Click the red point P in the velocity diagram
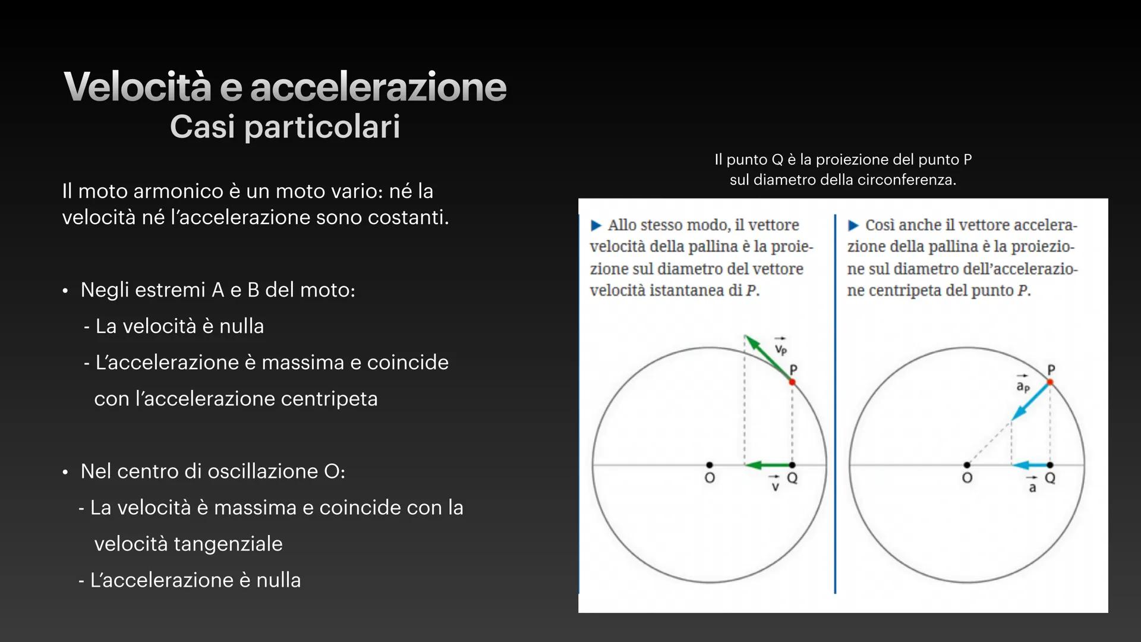point(792,382)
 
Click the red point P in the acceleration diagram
point(1050,382)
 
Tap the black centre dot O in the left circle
point(709,465)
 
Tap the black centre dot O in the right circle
point(967,465)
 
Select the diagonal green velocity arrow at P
point(768,358)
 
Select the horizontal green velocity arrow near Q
point(768,465)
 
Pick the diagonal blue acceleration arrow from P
point(1030,401)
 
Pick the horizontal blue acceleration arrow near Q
point(1030,465)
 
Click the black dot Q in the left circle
point(792,465)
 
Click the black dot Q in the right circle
point(1050,465)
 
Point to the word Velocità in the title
point(137,86)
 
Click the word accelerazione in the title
point(379,87)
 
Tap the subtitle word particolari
point(322,127)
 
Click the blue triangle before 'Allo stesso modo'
point(596,225)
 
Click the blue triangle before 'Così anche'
point(853,225)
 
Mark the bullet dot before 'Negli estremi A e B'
point(65,291)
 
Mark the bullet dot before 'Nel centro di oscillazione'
point(65,473)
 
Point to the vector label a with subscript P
point(1022,385)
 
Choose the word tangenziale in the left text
point(188,544)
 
